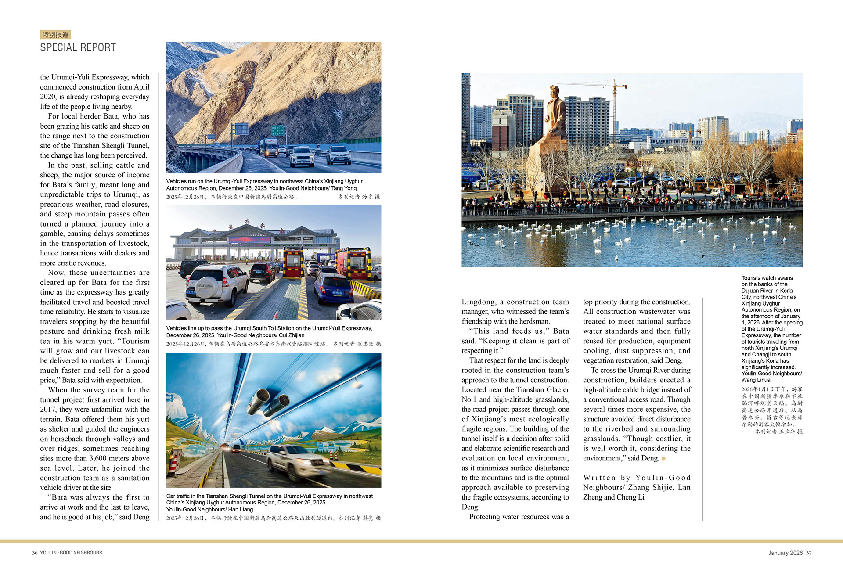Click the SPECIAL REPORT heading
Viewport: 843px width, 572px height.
pos(78,47)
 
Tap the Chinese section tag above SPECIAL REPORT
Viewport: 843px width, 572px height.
pos(55,35)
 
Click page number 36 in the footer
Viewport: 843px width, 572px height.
pos(35,553)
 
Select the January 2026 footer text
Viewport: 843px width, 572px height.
pos(785,553)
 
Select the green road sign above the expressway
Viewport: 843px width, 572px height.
pos(278,130)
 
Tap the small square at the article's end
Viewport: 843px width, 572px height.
pos(663,459)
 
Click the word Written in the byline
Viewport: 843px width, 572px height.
pos(599,478)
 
